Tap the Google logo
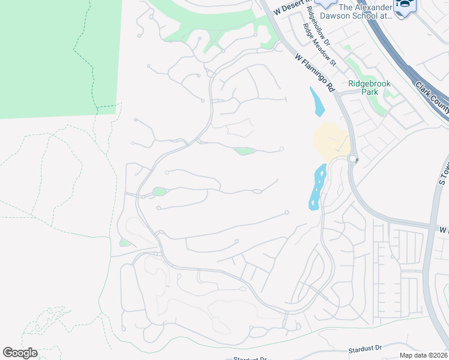[x=20, y=353]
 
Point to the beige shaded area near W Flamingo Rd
[x=331, y=142]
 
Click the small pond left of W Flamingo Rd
[x=316, y=102]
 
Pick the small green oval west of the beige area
[x=244, y=151]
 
